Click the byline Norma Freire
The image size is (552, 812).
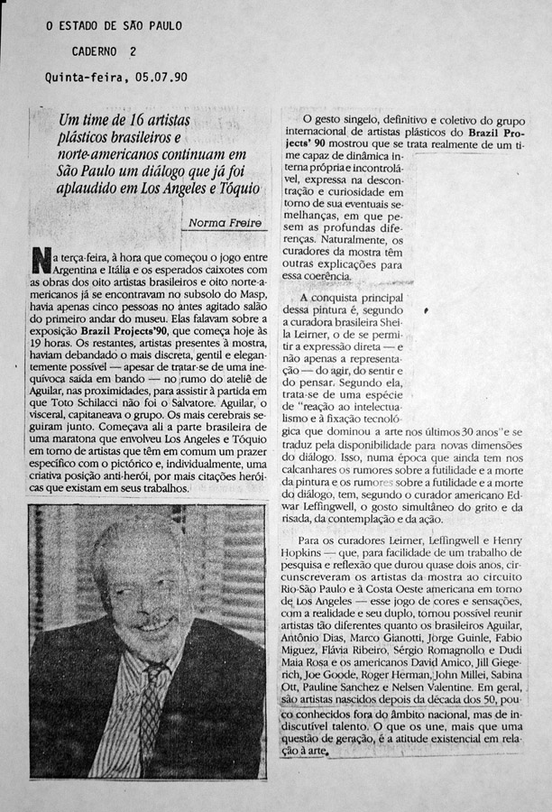[225, 223]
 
